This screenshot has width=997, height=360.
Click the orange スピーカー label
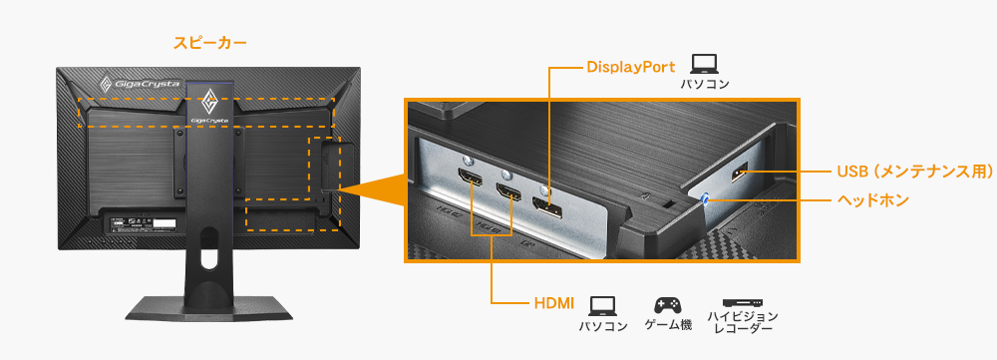(209, 43)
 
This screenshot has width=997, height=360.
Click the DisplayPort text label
(630, 67)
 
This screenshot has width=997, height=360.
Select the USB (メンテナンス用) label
(905, 172)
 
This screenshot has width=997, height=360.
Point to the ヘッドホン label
(871, 199)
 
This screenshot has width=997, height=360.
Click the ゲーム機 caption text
(667, 326)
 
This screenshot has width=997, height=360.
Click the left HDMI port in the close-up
(470, 181)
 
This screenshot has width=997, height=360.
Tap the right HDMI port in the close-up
(509, 192)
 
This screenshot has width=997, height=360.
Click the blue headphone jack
(708, 196)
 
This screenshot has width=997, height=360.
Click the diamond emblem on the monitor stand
(210, 101)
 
